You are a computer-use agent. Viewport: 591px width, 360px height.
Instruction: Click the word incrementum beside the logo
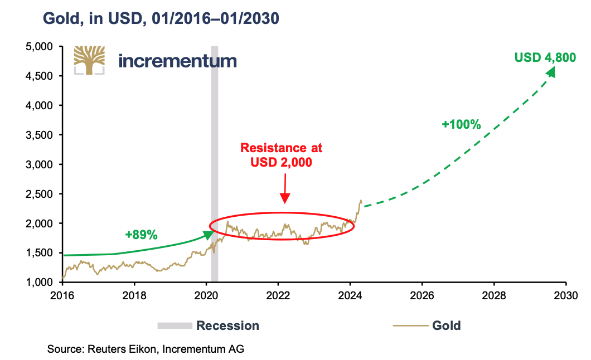coord(178,60)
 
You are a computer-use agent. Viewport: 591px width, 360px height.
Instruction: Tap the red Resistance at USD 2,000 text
coord(282,155)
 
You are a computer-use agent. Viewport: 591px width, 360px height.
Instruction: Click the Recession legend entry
coord(227,325)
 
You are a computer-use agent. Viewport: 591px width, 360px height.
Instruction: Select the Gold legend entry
coord(446,325)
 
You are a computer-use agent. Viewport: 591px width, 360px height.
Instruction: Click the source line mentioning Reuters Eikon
coord(146,349)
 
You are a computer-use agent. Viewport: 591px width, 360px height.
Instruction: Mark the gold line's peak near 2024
coord(361,201)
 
